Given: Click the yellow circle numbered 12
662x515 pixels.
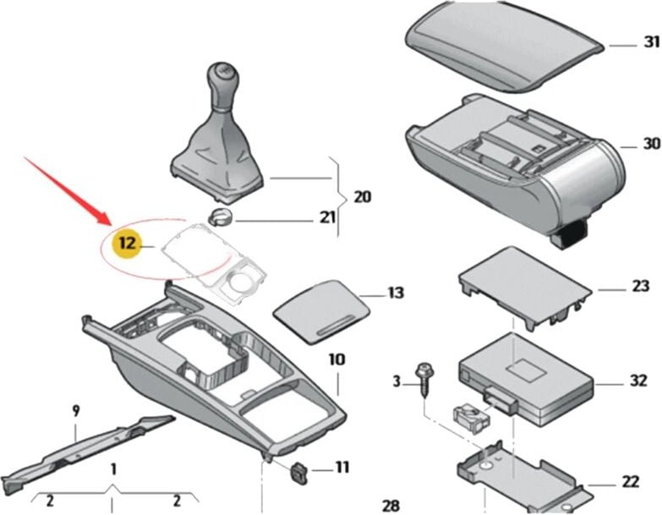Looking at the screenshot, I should pyautogui.click(x=127, y=244).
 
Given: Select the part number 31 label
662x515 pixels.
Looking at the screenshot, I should pyautogui.click(x=650, y=42).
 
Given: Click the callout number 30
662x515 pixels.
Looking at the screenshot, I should pyautogui.click(x=650, y=144).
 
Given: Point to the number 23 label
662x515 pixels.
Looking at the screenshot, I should pyautogui.click(x=639, y=287).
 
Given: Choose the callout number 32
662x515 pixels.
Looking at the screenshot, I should pyautogui.click(x=638, y=381).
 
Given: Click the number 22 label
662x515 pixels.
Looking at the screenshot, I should pyautogui.click(x=630, y=481).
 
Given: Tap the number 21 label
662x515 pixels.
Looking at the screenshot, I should pyautogui.click(x=326, y=218).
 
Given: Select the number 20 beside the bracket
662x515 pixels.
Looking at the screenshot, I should pyautogui.click(x=362, y=197).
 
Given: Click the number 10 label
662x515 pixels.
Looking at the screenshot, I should pyautogui.click(x=336, y=359).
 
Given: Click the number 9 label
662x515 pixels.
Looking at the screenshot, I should pyautogui.click(x=75, y=411).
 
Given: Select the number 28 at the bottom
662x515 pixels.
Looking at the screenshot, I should pyautogui.click(x=391, y=505).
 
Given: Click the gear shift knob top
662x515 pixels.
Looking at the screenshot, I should pyautogui.click(x=224, y=71).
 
